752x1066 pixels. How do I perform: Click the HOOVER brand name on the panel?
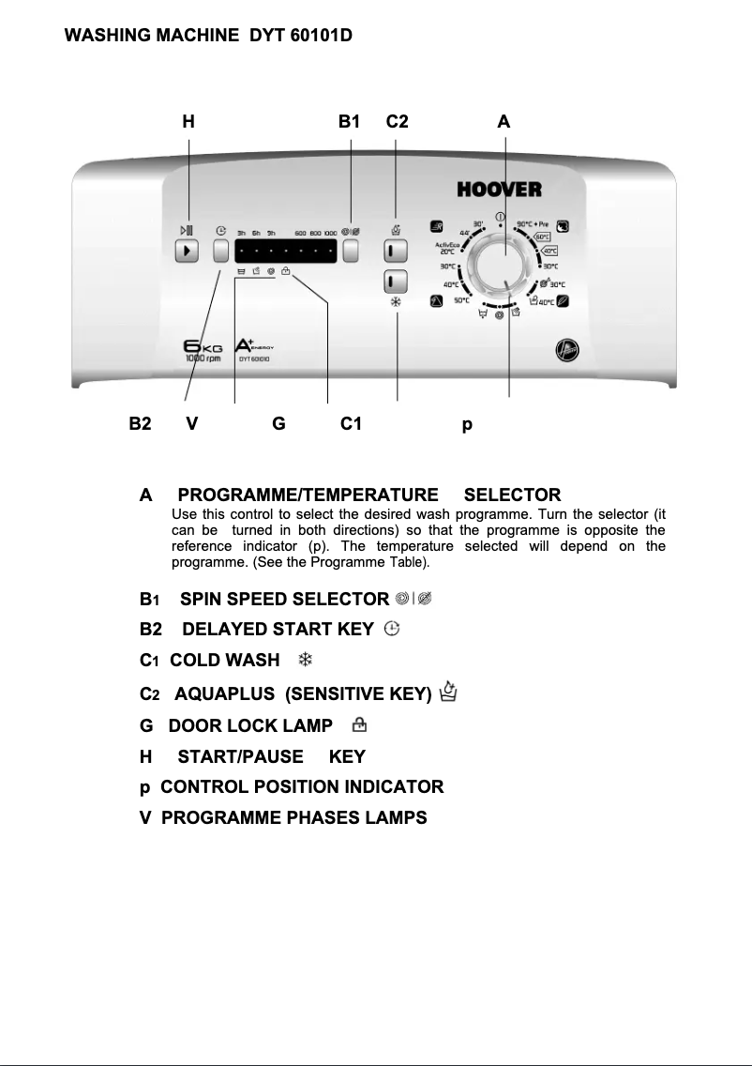pyautogui.click(x=499, y=190)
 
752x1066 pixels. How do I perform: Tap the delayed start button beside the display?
pyautogui.click(x=221, y=251)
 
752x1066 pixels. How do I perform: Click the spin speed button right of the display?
pyautogui.click(x=351, y=251)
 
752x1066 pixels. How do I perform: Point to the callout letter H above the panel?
pyautogui.click(x=188, y=121)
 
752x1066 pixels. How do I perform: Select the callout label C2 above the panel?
pyautogui.click(x=397, y=121)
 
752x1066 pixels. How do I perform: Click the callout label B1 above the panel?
pyautogui.click(x=349, y=121)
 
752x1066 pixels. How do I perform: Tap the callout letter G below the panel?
pyautogui.click(x=278, y=424)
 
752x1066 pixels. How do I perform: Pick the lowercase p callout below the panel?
pyautogui.click(x=467, y=425)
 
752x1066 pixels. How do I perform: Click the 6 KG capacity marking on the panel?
pyautogui.click(x=196, y=348)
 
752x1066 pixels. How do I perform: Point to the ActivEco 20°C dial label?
pyautogui.click(x=445, y=248)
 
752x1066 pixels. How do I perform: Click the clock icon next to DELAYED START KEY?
pyautogui.click(x=392, y=629)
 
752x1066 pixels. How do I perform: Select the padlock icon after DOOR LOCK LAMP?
pyautogui.click(x=358, y=724)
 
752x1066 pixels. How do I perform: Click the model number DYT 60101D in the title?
pyautogui.click(x=301, y=36)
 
